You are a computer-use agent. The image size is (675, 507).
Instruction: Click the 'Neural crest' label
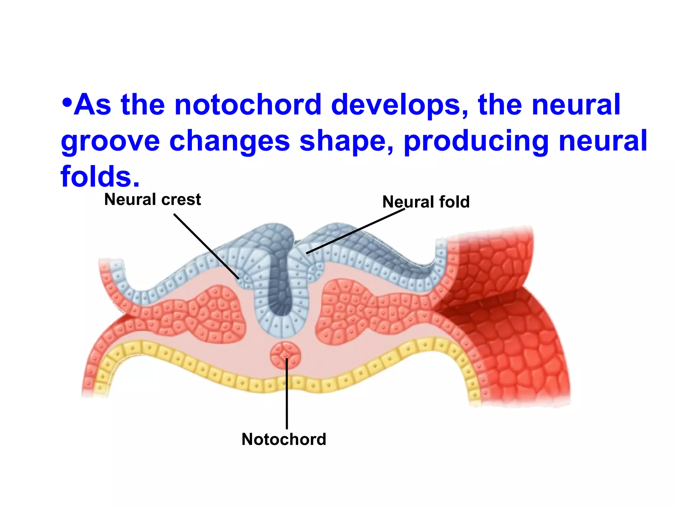tap(152, 200)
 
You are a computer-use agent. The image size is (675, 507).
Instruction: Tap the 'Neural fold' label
tap(426, 202)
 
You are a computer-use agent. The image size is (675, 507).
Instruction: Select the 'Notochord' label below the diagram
tap(284, 440)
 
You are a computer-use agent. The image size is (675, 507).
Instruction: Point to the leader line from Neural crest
tap(206, 246)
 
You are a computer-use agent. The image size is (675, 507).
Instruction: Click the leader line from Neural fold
tap(356, 231)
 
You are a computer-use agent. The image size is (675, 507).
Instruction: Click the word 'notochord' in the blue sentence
tap(248, 105)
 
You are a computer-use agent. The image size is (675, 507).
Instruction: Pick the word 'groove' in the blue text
tap(110, 141)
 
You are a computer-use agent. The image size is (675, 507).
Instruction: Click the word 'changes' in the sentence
tap(229, 141)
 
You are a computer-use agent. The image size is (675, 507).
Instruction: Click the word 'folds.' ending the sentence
tap(100, 177)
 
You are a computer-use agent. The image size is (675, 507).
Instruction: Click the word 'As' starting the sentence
tap(93, 105)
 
